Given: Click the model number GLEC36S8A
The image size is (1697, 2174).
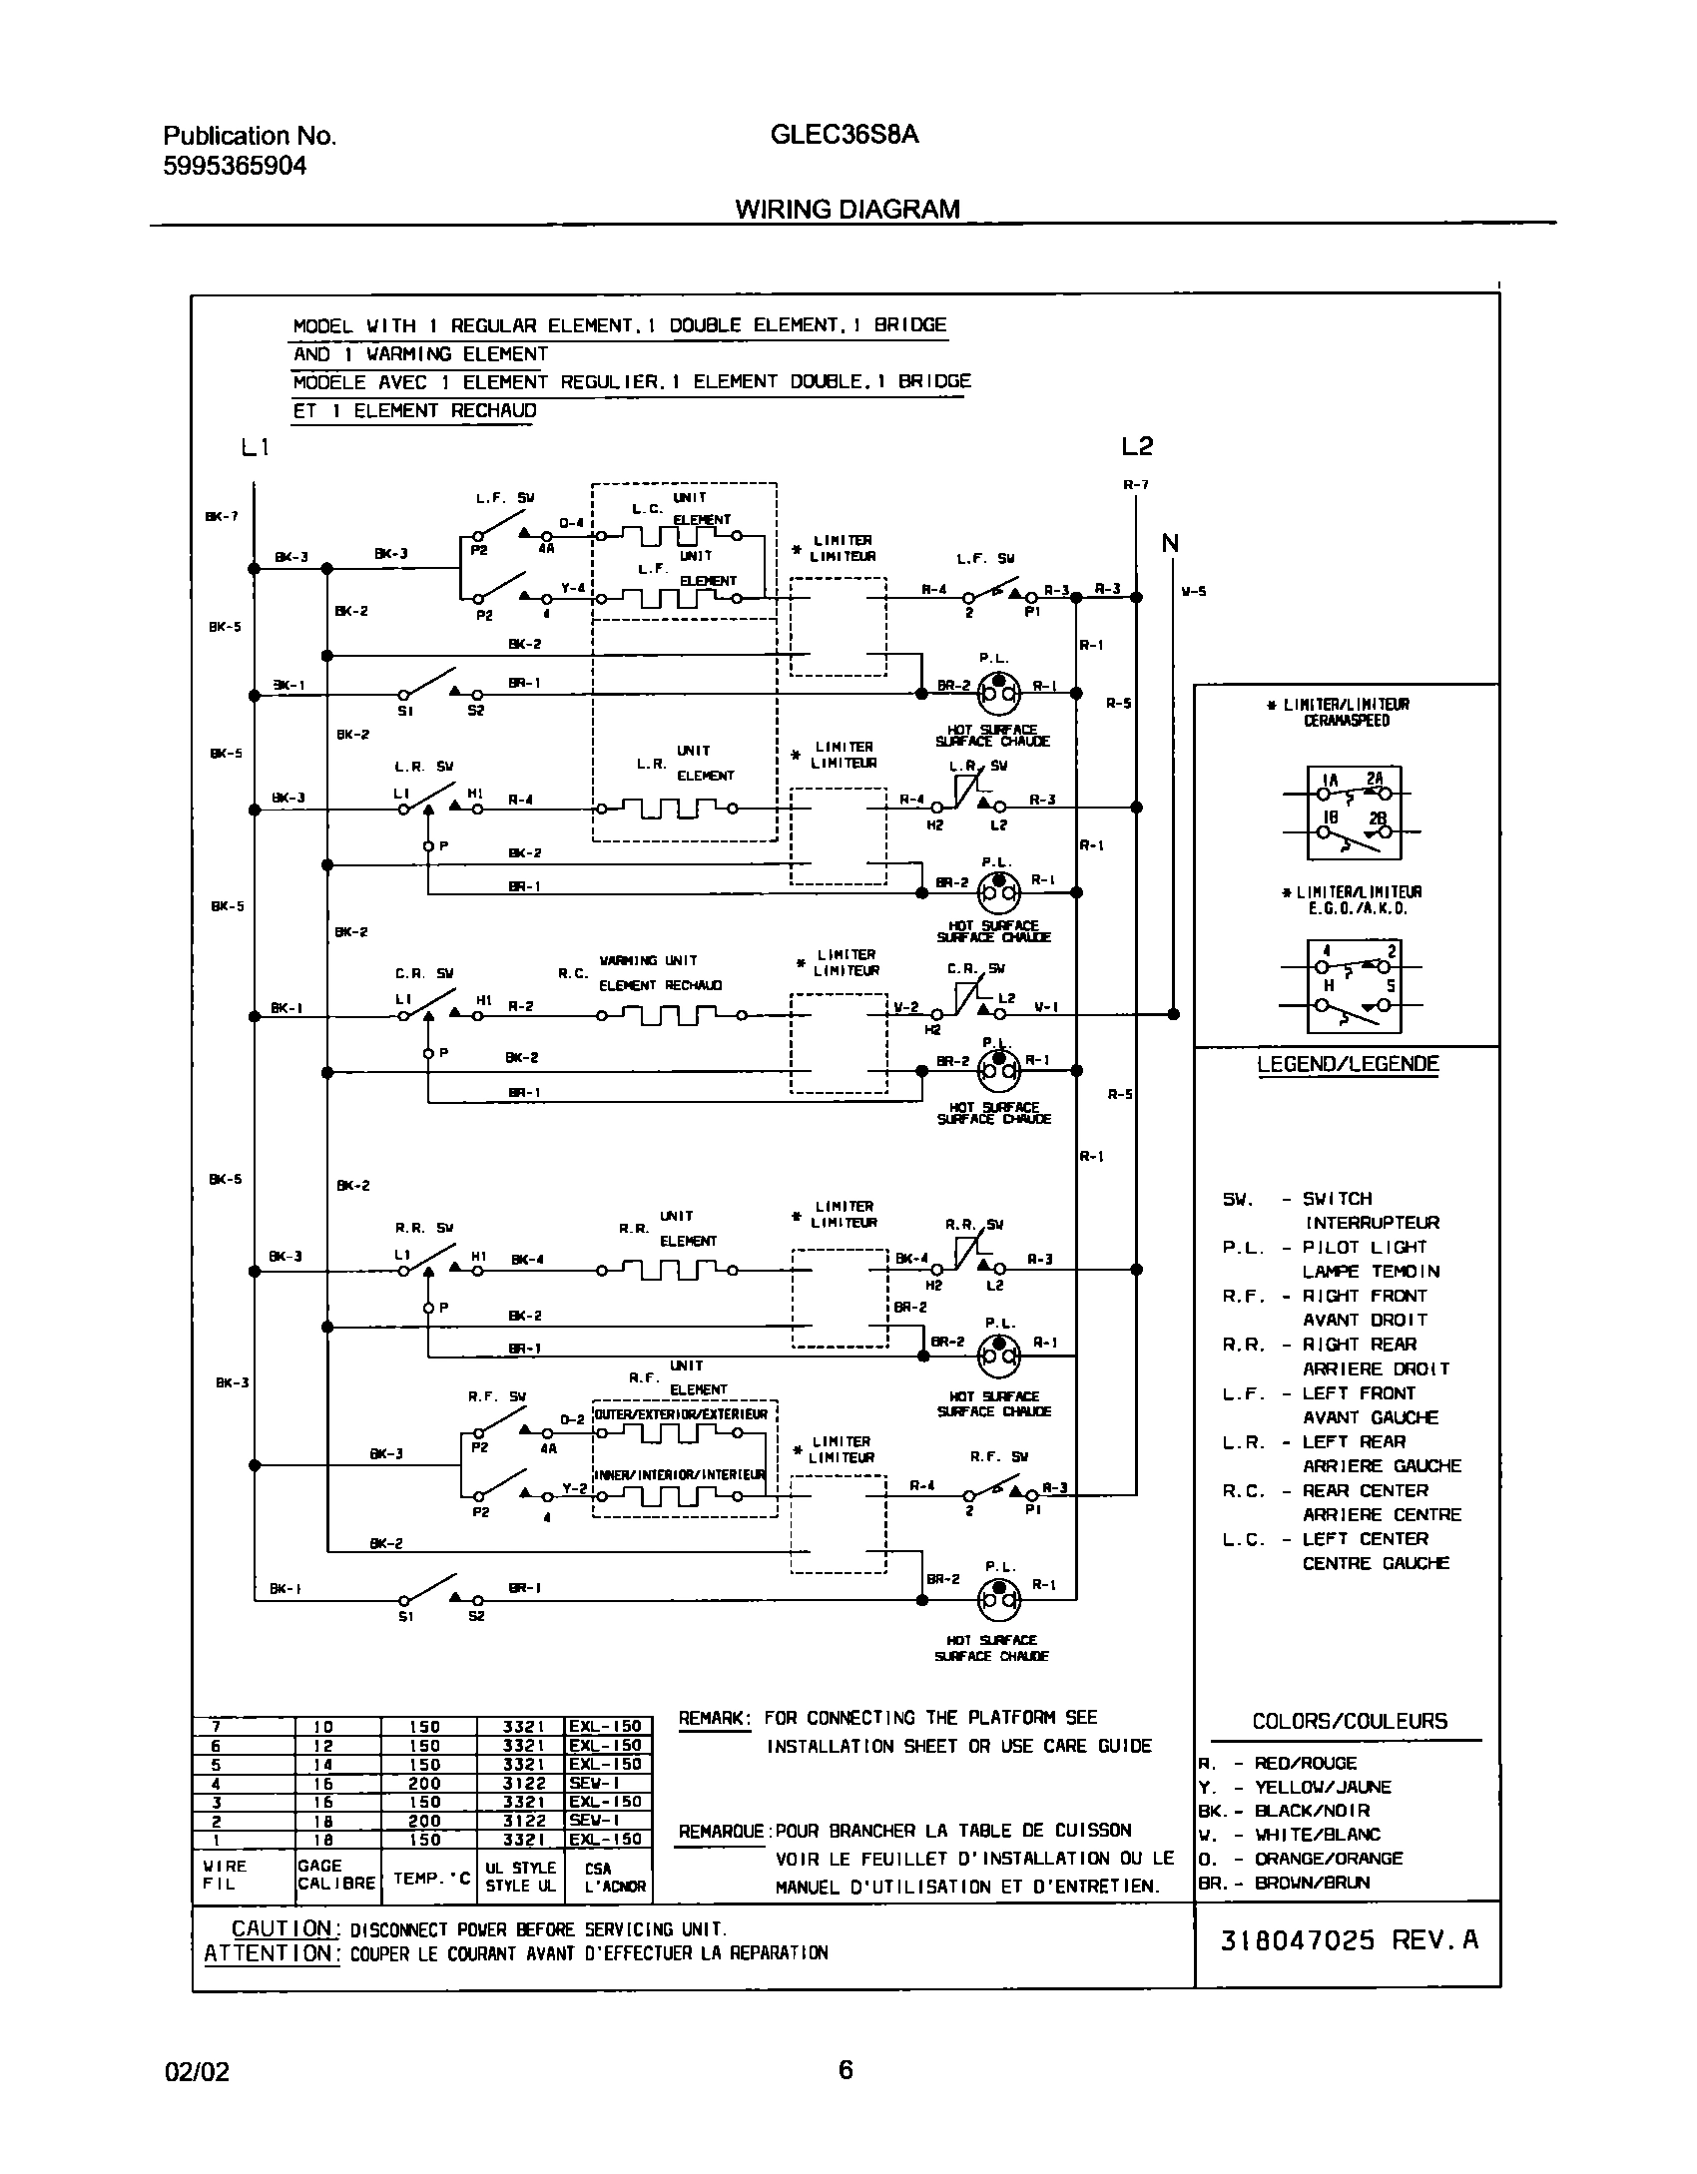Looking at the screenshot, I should tap(845, 135).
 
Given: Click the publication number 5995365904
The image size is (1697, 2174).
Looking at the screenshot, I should tap(235, 166).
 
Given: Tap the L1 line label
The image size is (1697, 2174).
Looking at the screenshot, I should tap(256, 448).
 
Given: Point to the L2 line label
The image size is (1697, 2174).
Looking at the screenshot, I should tap(1137, 446).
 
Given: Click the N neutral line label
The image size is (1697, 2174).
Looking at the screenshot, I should tap(1170, 544).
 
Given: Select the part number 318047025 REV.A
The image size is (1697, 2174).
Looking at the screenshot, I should tap(1349, 1940).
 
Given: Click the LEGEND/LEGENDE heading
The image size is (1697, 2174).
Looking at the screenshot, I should tap(1348, 1064).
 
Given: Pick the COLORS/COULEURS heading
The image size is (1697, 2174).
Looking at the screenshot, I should tap(1350, 1721).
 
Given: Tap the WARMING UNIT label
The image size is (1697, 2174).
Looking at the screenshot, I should tap(647, 961).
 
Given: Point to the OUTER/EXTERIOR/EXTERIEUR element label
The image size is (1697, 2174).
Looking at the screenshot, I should tap(684, 1415).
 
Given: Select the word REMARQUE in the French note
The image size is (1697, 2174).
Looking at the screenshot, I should tap(722, 1832).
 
